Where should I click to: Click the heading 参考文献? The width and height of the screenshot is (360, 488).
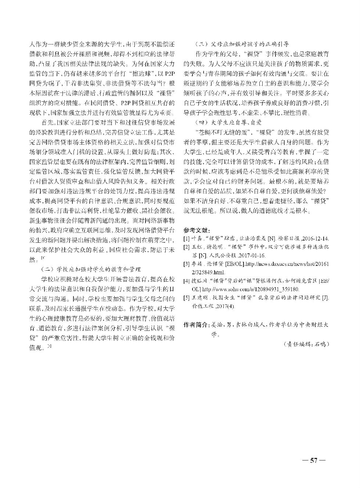pos(195,231)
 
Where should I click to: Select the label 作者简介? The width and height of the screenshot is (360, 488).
pos(196,325)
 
